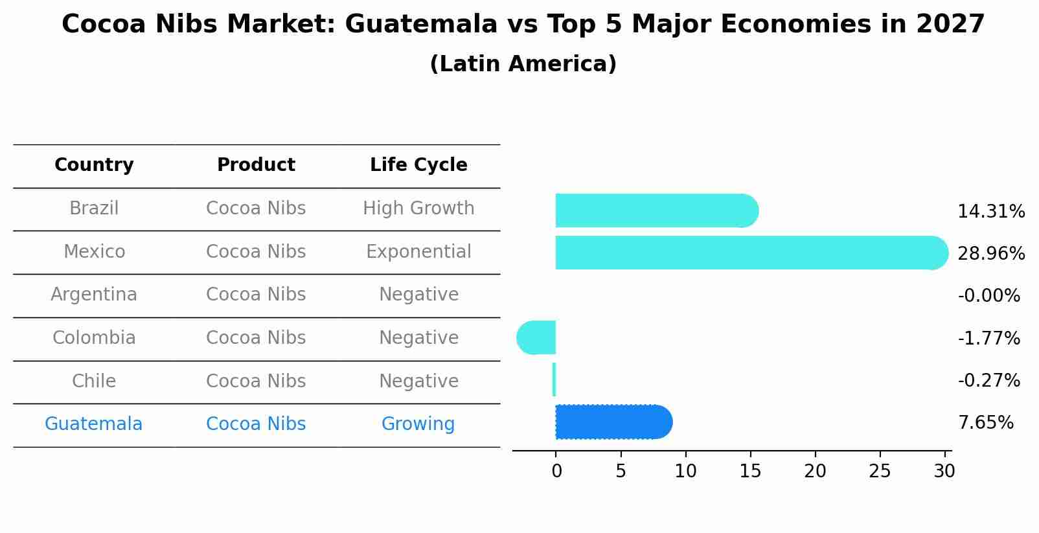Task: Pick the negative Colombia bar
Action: pos(537,337)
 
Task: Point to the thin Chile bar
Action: pos(554,380)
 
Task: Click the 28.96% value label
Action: pos(990,254)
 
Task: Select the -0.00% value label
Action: pos(988,296)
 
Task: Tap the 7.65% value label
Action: pos(985,423)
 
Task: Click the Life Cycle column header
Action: pos(418,165)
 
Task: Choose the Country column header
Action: pos(94,165)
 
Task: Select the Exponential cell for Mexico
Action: pos(418,252)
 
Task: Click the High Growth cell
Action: pos(418,209)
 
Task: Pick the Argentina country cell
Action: pos(94,295)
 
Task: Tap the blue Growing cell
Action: pos(418,424)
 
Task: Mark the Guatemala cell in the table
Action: pos(93,424)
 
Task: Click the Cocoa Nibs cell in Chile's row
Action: pos(256,381)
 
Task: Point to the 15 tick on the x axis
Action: pos(750,471)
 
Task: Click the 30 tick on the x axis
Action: pos(944,471)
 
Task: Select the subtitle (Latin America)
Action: pos(523,64)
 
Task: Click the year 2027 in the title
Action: pos(950,25)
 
